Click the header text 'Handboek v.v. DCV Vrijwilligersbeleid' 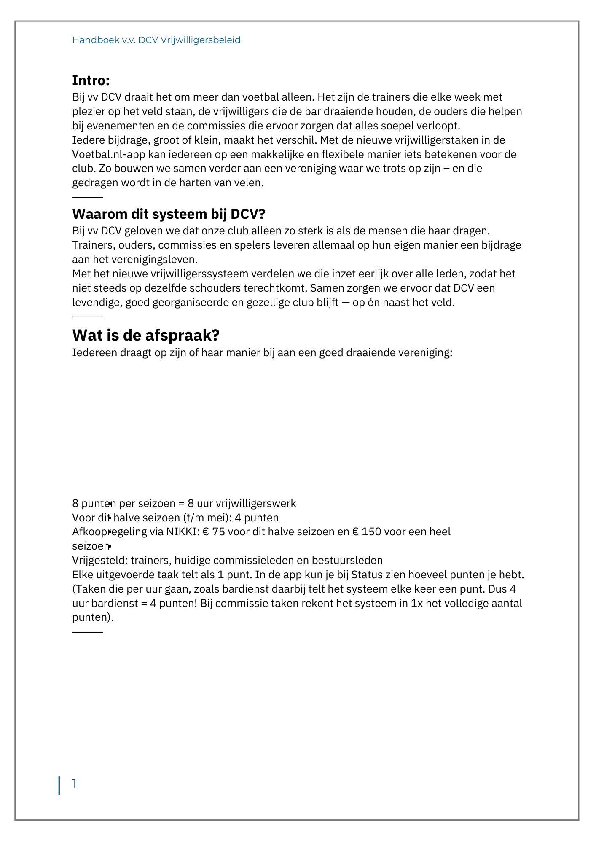click(x=156, y=40)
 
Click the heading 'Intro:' click(x=91, y=80)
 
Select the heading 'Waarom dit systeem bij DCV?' click(x=169, y=214)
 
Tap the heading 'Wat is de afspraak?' click(x=146, y=335)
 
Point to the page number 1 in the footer click(x=75, y=784)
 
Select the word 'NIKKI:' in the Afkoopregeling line click(x=183, y=532)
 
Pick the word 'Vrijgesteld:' click(x=100, y=561)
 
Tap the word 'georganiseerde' click(x=189, y=303)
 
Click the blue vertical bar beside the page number click(x=59, y=785)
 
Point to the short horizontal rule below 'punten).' click(x=88, y=632)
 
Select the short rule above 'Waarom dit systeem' click(x=88, y=197)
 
